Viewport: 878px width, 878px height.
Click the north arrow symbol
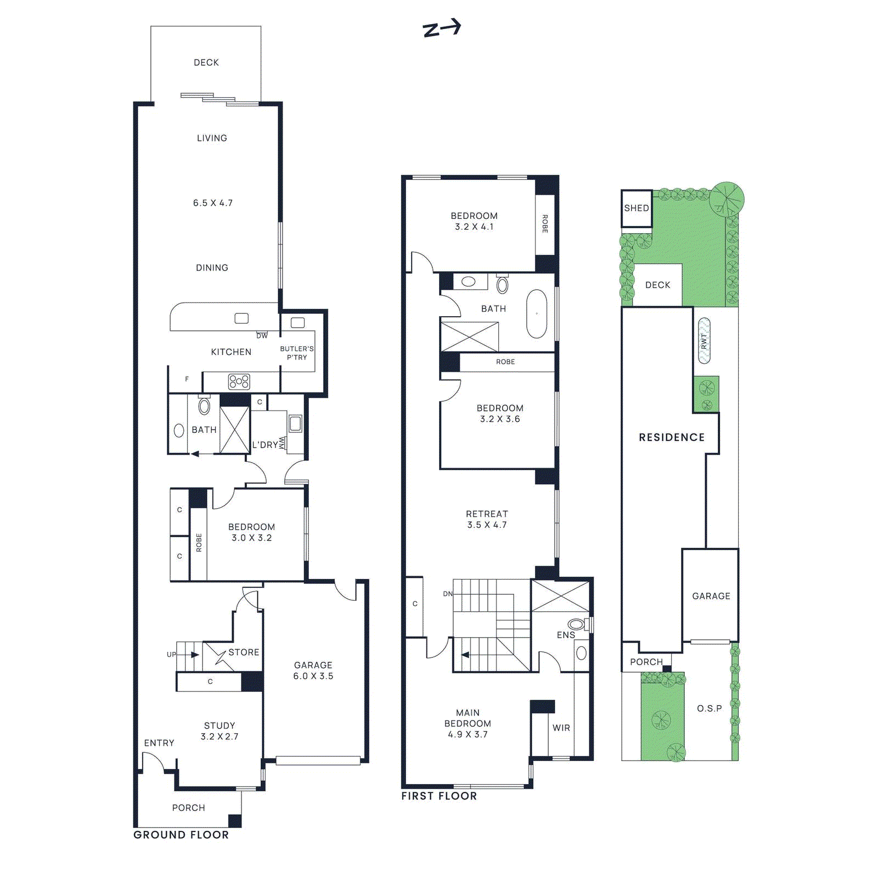(442, 28)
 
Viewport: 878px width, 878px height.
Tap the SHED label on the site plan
(637, 208)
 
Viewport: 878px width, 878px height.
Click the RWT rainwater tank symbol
(704, 341)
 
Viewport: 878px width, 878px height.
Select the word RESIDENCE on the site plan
(672, 437)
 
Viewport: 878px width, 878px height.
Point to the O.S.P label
(710, 708)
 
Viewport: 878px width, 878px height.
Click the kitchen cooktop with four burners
(239, 381)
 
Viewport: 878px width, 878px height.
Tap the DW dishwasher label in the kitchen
(262, 335)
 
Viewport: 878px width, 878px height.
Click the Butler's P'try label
(297, 353)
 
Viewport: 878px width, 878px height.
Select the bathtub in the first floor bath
(537, 314)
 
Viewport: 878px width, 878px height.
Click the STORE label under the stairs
(244, 652)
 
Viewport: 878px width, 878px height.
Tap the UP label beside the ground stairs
(172, 654)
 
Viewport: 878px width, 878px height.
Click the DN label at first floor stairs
(448, 594)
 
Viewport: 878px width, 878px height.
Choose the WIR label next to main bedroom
(561, 728)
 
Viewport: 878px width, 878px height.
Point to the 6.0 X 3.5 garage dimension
(313, 676)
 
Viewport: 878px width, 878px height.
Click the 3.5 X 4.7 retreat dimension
(487, 525)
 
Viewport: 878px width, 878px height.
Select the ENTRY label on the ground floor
(159, 742)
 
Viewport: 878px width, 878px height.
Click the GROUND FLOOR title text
(181, 835)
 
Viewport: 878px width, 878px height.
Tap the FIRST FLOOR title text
(439, 796)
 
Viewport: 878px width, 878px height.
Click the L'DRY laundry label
(265, 444)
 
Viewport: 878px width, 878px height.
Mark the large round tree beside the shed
(727, 198)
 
